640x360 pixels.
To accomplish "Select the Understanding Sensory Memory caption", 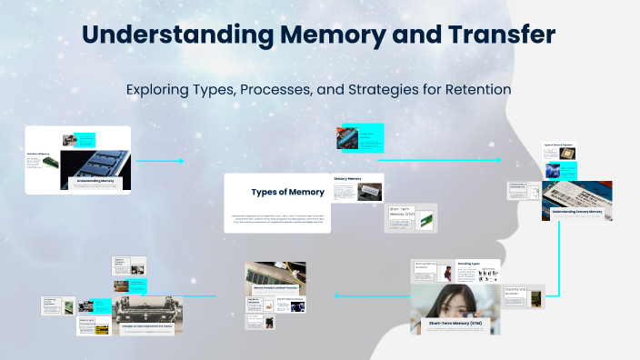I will coord(576,211).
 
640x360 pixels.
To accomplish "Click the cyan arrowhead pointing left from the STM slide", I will coord(337,295).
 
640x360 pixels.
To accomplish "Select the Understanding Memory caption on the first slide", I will coord(95,181).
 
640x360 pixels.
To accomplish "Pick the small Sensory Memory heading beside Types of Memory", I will coord(348,179).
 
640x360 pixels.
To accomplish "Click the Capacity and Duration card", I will coord(524,295).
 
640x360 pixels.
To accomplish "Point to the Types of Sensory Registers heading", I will coord(558,145).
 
